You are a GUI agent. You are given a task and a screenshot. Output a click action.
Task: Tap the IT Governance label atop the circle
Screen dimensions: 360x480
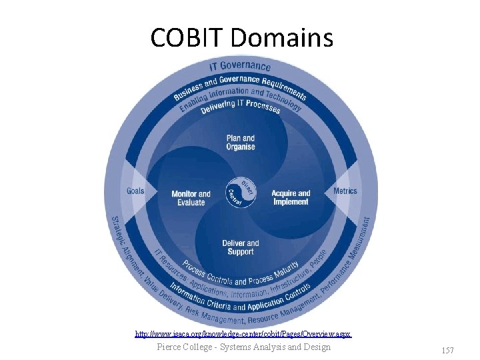[x=240, y=66]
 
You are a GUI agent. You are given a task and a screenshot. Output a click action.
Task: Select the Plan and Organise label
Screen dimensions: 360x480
[x=240, y=143]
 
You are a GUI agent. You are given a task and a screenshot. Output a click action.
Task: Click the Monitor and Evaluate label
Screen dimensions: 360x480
[x=191, y=198]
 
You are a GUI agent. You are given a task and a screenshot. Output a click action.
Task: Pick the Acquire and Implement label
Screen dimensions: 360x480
[x=291, y=197]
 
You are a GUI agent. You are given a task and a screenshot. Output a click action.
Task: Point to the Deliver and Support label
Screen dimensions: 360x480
[x=240, y=247]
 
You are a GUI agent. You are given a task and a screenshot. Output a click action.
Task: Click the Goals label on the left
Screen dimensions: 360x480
[x=135, y=191]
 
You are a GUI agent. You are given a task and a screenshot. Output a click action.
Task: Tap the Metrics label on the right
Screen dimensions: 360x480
[x=345, y=191]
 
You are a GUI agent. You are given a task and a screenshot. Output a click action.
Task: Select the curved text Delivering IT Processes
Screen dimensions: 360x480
[x=241, y=105]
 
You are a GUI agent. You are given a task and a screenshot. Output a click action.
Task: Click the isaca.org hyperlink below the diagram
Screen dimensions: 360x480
[x=243, y=333]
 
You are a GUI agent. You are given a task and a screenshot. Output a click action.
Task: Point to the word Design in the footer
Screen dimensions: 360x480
[x=317, y=347]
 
